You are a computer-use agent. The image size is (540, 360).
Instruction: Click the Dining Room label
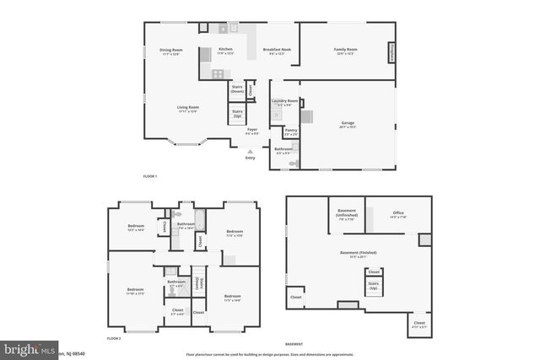tap(170, 51)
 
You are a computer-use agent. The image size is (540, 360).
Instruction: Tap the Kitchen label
tap(225, 51)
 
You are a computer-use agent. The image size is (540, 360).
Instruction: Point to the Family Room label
tap(347, 51)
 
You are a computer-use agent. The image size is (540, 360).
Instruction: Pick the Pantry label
tap(290, 131)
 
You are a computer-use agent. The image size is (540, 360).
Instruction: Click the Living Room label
tap(187, 109)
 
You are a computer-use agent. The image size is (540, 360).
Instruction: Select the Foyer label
tap(252, 131)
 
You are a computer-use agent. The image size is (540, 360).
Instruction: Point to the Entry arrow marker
tap(250, 151)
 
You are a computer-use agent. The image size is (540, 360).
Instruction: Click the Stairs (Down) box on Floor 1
tap(238, 89)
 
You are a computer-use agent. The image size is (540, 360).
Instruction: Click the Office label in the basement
tap(398, 214)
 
